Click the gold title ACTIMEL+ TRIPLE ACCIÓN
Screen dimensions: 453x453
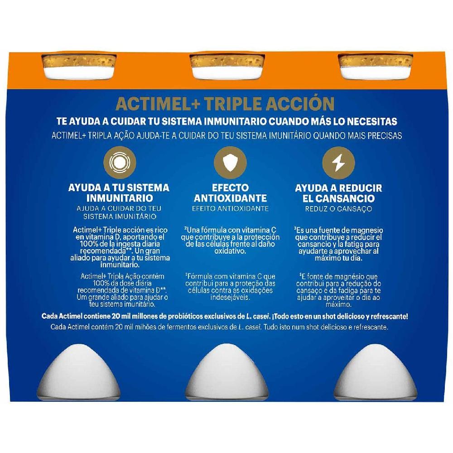click(225, 103)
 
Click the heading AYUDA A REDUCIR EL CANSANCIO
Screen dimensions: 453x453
click(338, 193)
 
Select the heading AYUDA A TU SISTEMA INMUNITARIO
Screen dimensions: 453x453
click(118, 193)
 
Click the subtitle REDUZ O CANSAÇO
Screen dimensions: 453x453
click(338, 209)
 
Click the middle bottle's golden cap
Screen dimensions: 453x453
click(227, 61)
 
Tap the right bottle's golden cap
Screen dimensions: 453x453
click(376, 61)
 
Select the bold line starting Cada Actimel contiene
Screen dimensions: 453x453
click(225, 316)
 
